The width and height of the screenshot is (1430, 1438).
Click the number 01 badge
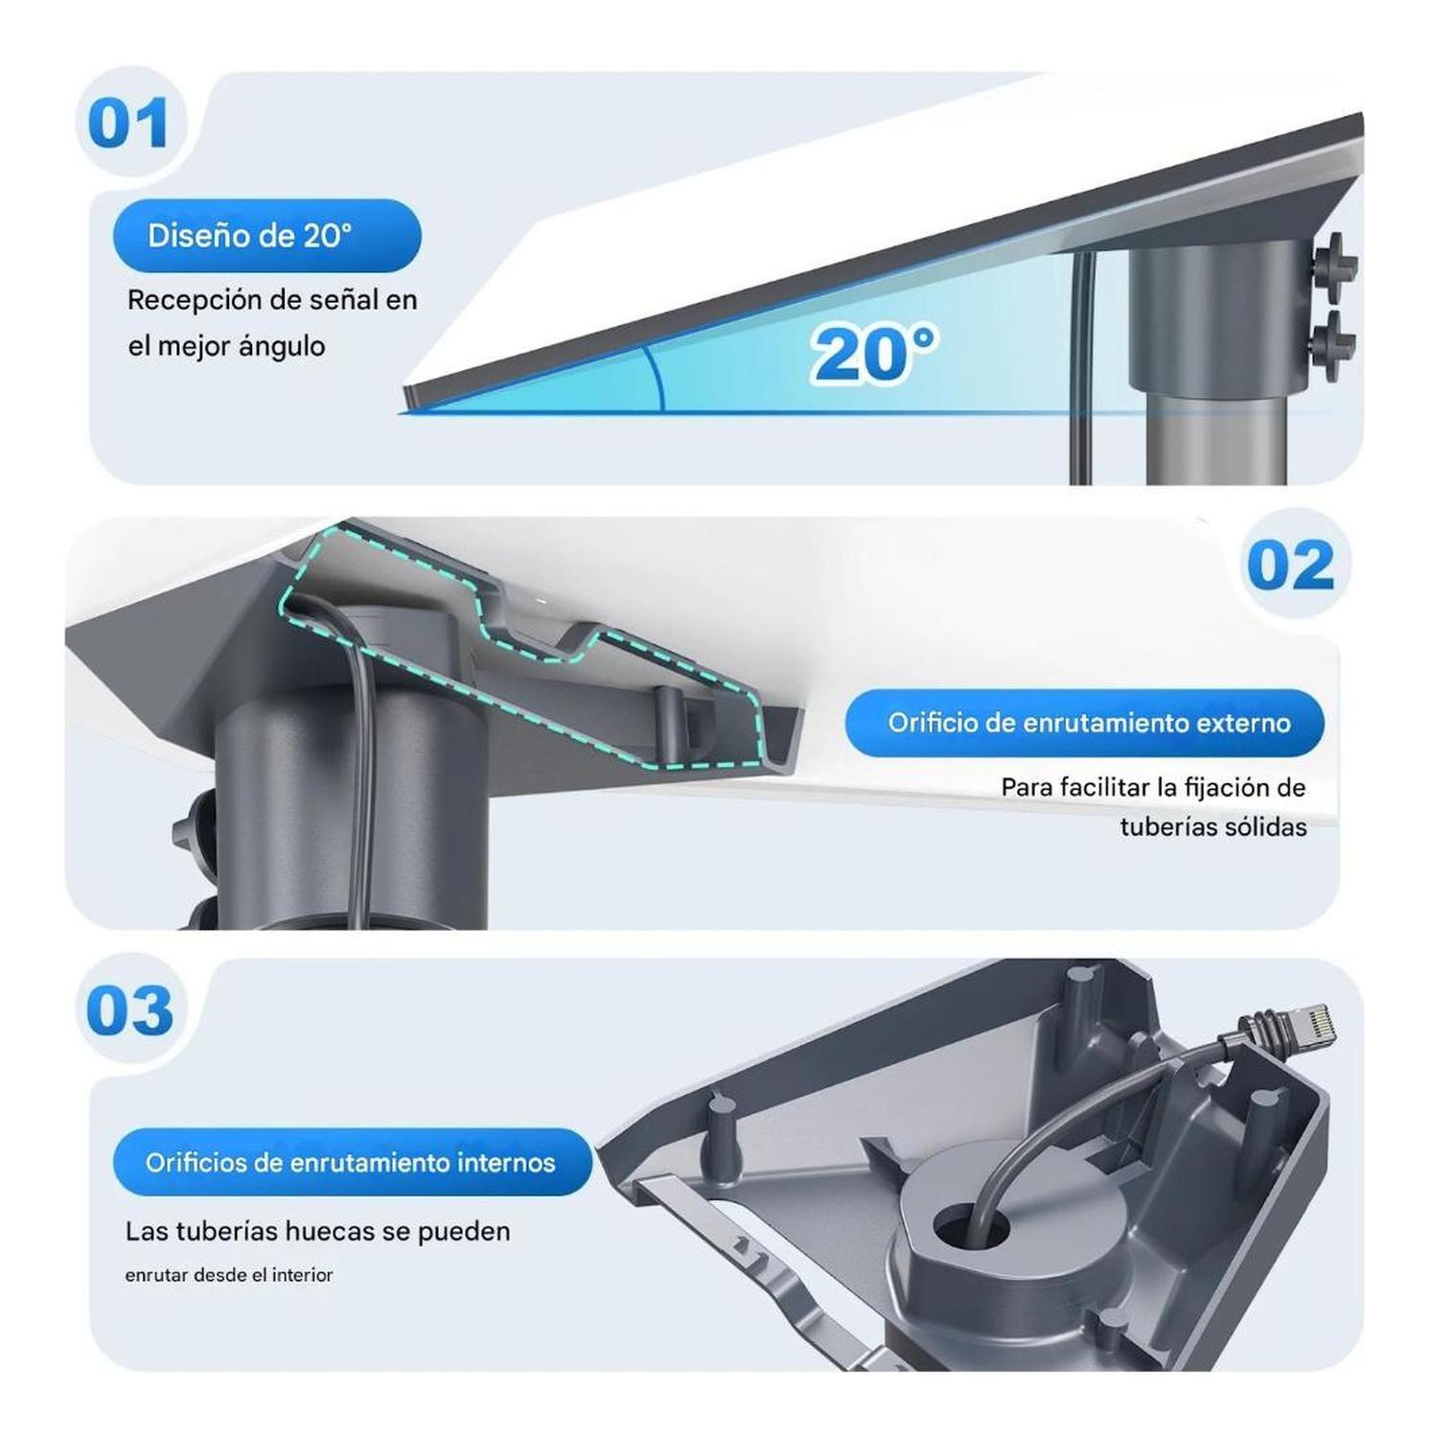click(x=128, y=123)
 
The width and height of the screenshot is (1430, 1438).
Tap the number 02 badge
click(x=1290, y=565)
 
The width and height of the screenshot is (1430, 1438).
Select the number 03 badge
click(x=130, y=1010)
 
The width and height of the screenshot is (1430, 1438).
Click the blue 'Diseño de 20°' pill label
click(x=266, y=236)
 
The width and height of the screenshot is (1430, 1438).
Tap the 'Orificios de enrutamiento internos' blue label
click(x=351, y=1163)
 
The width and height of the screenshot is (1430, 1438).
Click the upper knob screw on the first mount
click(x=1335, y=259)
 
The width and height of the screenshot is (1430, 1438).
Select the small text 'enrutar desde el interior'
click(x=229, y=1275)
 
